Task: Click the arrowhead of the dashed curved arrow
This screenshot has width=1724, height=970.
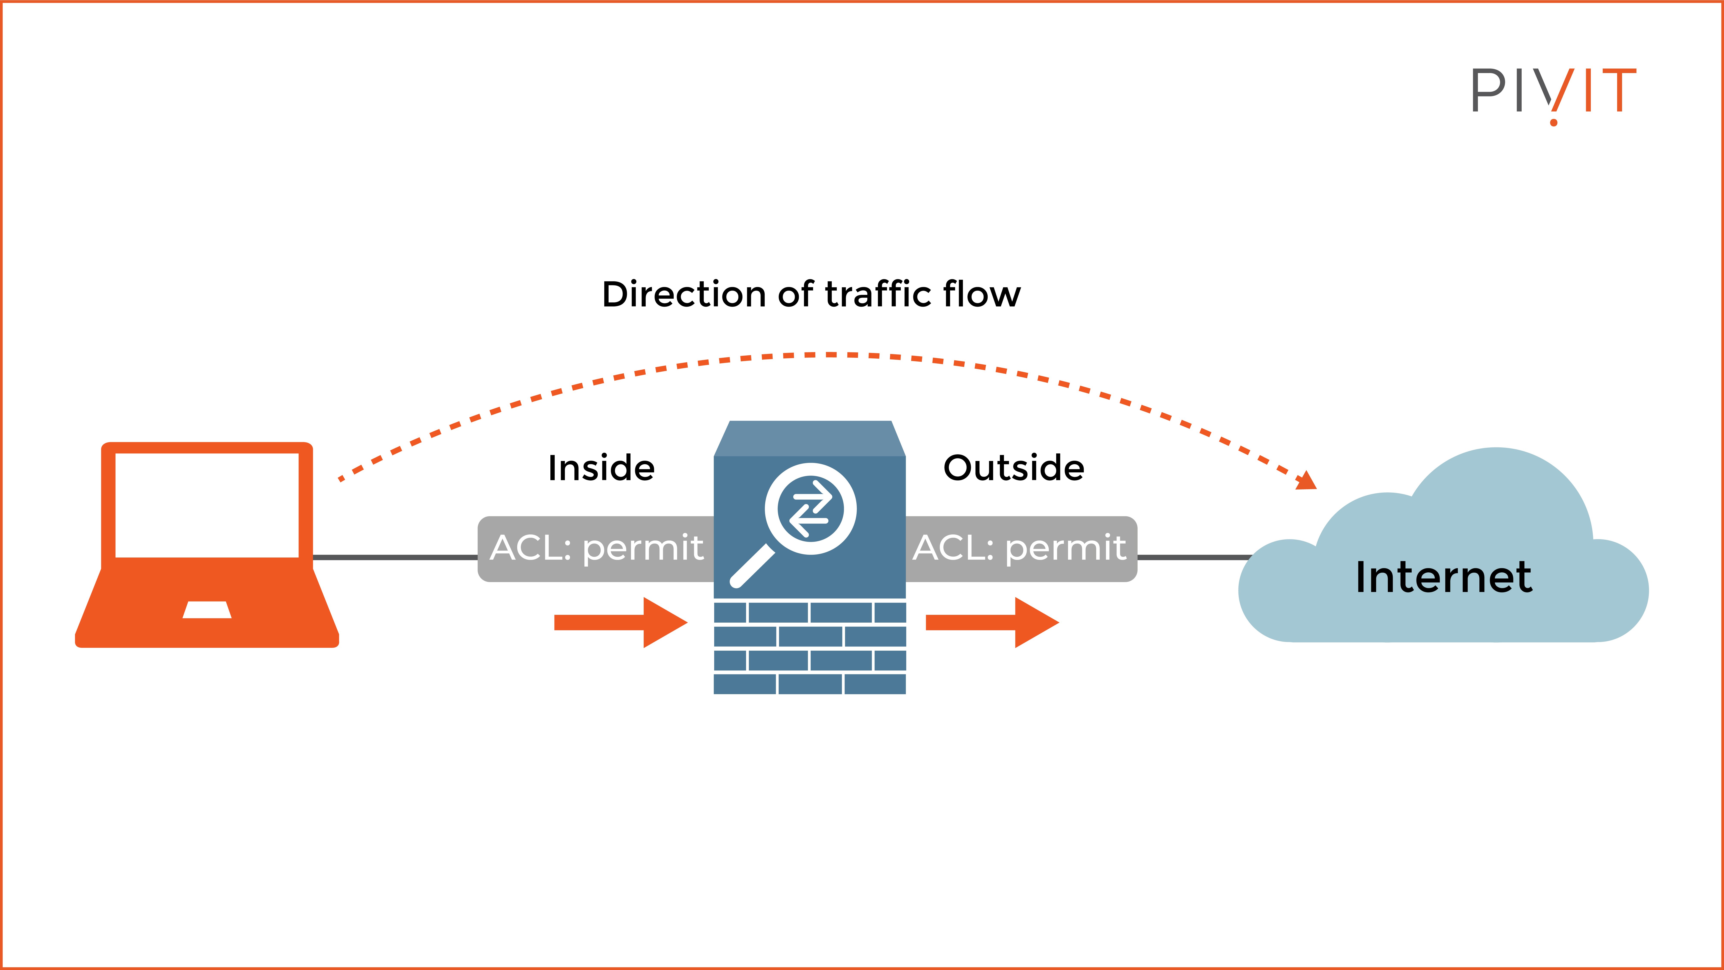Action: [x=1306, y=481]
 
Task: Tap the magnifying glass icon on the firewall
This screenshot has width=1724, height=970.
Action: [x=803, y=519]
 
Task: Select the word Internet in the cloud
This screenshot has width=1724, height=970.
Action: [x=1444, y=577]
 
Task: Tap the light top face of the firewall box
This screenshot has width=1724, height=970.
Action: [x=810, y=439]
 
